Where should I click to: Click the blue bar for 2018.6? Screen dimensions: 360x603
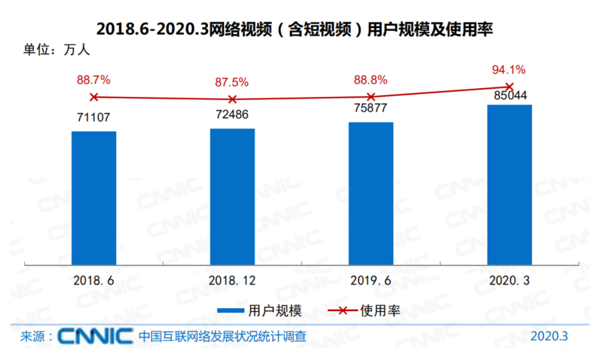(x=94, y=197)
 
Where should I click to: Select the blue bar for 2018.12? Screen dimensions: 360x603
(x=232, y=195)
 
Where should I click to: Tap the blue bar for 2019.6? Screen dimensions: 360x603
(x=371, y=192)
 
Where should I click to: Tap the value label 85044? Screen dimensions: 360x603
(x=509, y=96)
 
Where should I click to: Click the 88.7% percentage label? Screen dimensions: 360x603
(x=93, y=79)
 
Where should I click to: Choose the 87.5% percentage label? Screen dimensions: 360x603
(x=232, y=81)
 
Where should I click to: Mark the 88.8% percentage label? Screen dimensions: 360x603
(x=371, y=79)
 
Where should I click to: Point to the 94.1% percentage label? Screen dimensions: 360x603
(x=510, y=69)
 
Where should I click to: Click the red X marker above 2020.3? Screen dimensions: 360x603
(x=510, y=87)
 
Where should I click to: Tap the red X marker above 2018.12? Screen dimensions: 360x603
(x=232, y=99)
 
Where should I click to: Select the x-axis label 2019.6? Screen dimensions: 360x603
(x=371, y=279)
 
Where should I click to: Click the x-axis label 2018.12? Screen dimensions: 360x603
(x=232, y=279)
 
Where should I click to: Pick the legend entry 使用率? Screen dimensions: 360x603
(x=362, y=310)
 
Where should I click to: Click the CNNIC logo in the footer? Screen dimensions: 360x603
(x=95, y=336)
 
